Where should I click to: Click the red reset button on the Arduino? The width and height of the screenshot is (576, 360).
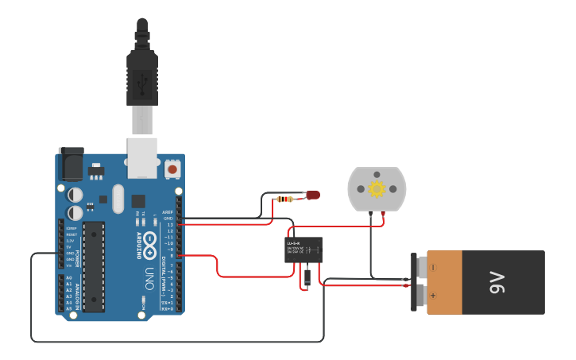[x=172, y=169]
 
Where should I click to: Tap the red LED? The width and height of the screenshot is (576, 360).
[x=313, y=194]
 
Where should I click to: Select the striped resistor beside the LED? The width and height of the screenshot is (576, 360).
[x=285, y=199]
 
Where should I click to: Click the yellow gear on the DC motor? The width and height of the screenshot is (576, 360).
[x=377, y=188]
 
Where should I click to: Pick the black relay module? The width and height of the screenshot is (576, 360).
[x=303, y=250]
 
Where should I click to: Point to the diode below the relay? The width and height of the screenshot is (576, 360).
[x=307, y=277]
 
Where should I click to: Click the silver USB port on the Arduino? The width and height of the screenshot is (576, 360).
[x=142, y=157]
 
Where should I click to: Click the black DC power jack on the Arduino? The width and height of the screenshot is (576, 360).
[x=71, y=165]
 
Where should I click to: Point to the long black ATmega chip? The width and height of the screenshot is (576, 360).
[x=94, y=266]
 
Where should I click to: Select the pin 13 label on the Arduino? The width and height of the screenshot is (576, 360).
[x=168, y=225]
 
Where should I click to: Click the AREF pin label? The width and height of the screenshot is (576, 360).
[x=168, y=212]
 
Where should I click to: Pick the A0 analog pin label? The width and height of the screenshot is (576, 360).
[x=68, y=277]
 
